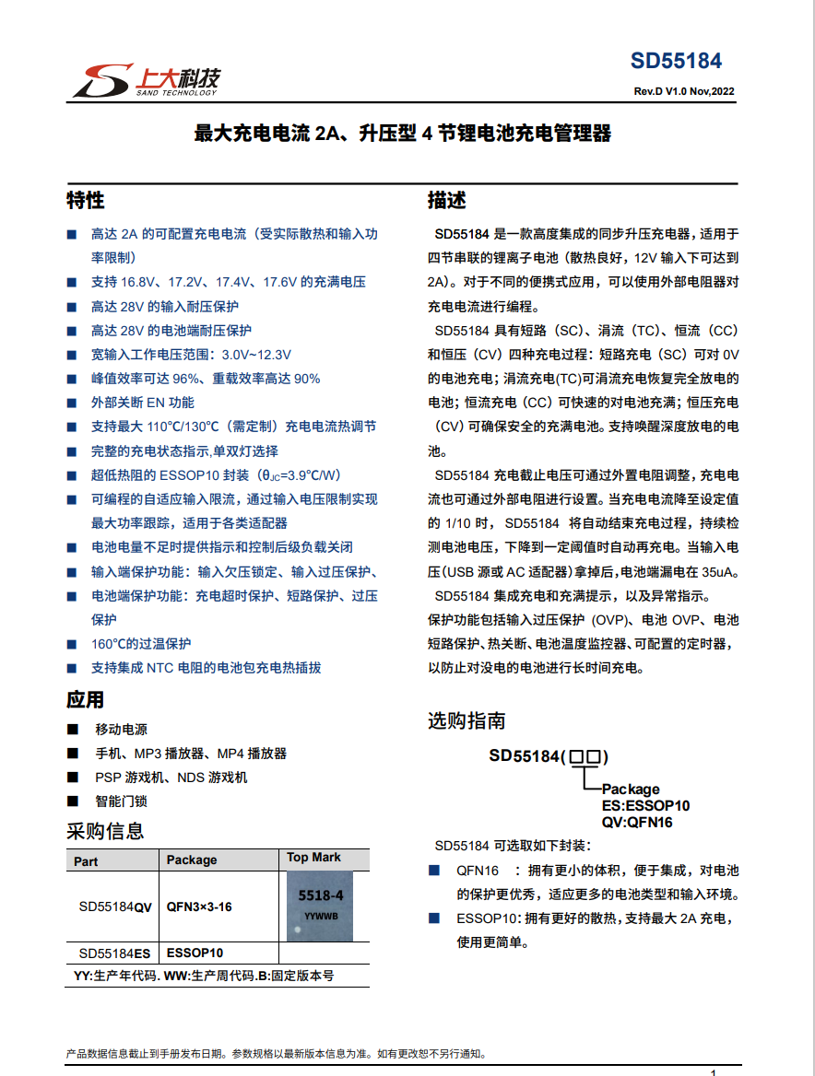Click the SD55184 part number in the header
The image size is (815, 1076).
[676, 61]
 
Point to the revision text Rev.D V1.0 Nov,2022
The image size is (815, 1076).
[683, 91]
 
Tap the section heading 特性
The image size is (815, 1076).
[85, 201]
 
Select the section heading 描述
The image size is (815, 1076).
[446, 201]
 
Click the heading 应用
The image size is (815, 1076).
[85, 699]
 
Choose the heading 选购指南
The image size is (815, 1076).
[466, 720]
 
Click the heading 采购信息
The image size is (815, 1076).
[105, 831]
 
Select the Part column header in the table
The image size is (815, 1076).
[86, 860]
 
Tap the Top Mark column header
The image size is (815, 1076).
[313, 858]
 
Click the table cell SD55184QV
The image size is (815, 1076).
[115, 906]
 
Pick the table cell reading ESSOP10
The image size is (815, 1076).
[195, 953]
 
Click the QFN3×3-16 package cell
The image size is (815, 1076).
[199, 906]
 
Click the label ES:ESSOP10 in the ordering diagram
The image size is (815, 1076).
[645, 806]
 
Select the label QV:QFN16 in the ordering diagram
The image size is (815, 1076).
[637, 823]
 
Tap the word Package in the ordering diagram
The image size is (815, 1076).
[631, 789]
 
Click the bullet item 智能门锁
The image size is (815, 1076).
[121, 801]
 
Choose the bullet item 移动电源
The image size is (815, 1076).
[121, 730]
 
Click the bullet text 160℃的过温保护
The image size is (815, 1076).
[141, 643]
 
